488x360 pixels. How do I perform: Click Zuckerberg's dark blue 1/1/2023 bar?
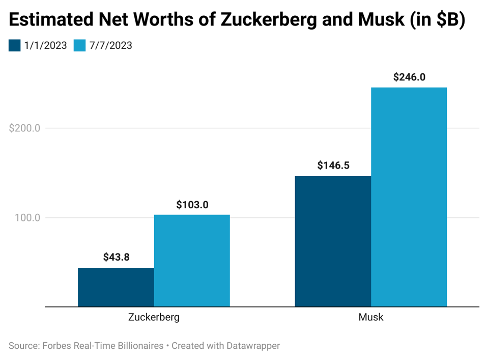(x=116, y=287)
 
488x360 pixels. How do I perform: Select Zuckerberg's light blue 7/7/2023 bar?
(x=192, y=261)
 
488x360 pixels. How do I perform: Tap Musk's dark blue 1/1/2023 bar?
(x=333, y=241)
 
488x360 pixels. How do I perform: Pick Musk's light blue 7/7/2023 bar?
(x=409, y=197)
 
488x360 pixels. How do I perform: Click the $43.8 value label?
(x=116, y=257)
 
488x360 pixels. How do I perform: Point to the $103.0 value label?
(x=192, y=205)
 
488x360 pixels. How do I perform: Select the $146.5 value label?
(x=333, y=165)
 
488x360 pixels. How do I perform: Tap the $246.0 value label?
(x=409, y=77)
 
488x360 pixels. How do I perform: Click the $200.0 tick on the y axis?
(x=25, y=128)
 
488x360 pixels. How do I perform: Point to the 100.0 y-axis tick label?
(x=27, y=218)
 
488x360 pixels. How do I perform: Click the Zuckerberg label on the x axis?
(x=154, y=317)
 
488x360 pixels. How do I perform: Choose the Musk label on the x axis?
(x=371, y=317)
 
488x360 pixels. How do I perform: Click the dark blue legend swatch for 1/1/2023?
(x=15, y=45)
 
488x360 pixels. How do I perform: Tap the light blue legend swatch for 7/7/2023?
(x=80, y=45)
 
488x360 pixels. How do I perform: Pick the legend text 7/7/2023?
(x=110, y=45)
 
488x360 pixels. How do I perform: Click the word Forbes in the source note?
(x=56, y=346)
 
